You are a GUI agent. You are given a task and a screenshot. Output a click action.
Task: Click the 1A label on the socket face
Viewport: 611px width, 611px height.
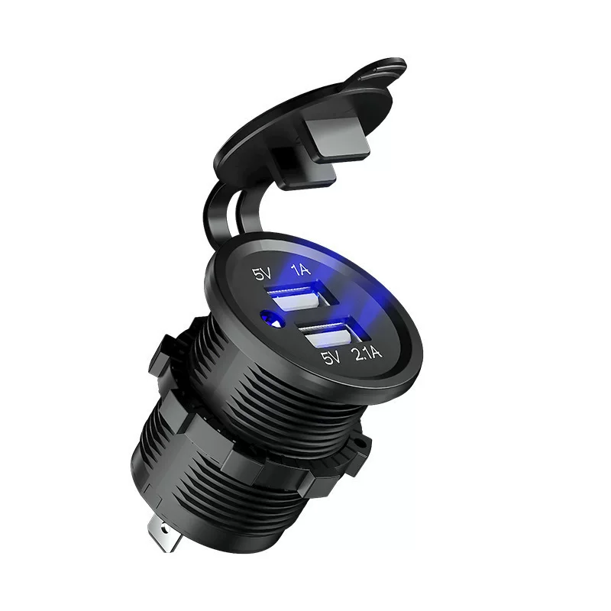point(301,269)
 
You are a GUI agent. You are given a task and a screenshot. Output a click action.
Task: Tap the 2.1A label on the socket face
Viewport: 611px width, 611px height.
point(366,354)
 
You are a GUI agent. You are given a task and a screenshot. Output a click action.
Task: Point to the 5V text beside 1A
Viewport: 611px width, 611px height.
point(263,273)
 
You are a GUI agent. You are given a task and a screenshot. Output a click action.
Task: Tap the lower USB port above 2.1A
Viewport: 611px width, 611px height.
point(329,332)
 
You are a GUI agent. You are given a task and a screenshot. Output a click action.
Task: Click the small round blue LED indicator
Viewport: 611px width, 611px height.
point(273,318)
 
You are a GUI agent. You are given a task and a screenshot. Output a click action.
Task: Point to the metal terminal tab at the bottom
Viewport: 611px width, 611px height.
point(164,534)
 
